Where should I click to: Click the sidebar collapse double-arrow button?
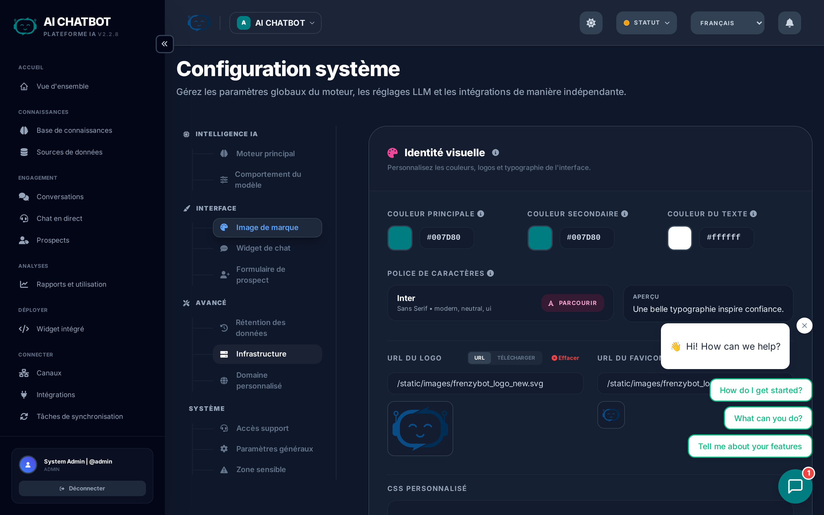coord(165,44)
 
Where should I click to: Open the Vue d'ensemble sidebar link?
coord(62,86)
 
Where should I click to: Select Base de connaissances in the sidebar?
coord(74,130)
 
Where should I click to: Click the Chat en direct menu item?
coord(59,219)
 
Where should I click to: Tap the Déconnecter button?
coord(82,488)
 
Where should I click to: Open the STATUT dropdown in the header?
coord(646,23)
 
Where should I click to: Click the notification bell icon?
coord(789,23)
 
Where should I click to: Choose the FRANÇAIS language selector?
coord(727,23)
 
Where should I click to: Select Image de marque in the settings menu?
coord(267,227)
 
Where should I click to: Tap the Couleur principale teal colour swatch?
coord(400,238)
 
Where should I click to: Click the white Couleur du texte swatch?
coord(680,238)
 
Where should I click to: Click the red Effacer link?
coord(565,358)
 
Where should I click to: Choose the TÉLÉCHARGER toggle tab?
coord(516,358)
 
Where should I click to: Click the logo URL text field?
coord(485,383)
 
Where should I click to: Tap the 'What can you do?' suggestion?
coord(768,418)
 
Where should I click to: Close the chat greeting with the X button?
coord(804,326)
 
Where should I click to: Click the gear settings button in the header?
coord(591,23)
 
